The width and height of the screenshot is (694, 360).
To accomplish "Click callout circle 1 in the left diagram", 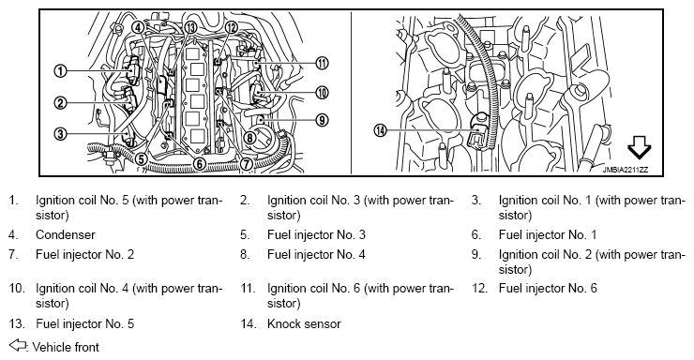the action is (x=60, y=70).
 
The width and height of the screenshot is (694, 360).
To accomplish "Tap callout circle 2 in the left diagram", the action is (x=60, y=103).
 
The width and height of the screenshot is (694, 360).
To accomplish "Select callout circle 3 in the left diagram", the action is (x=60, y=133).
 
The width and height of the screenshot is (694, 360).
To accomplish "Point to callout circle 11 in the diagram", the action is (x=323, y=63).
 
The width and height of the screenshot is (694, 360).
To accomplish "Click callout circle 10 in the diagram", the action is (x=323, y=93).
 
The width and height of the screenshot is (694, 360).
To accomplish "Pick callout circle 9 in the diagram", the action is (x=323, y=119).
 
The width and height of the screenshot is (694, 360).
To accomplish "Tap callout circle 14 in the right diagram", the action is (x=380, y=130).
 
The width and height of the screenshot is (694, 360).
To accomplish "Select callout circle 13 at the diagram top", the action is (x=190, y=27).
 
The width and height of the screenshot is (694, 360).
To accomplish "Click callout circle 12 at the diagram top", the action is (x=231, y=27).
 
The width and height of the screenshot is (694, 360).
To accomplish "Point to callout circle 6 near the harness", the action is (x=200, y=164).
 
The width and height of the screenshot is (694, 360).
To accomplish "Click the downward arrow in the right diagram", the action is (x=640, y=148).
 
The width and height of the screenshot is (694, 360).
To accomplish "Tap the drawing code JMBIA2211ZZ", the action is (x=625, y=170).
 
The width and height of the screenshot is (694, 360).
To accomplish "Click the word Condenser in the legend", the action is (x=66, y=234).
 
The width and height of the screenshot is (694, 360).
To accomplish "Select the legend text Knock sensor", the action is (x=304, y=323).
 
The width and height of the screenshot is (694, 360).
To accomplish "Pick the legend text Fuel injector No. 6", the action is (x=548, y=289).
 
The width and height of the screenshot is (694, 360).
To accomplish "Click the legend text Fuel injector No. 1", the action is (x=548, y=234).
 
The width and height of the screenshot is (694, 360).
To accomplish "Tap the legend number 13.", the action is (x=17, y=323).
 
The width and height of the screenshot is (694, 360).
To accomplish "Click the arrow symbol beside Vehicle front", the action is (x=18, y=345).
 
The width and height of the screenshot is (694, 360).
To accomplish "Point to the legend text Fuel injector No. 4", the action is (x=316, y=254).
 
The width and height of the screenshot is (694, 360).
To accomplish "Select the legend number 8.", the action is (x=246, y=254).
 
